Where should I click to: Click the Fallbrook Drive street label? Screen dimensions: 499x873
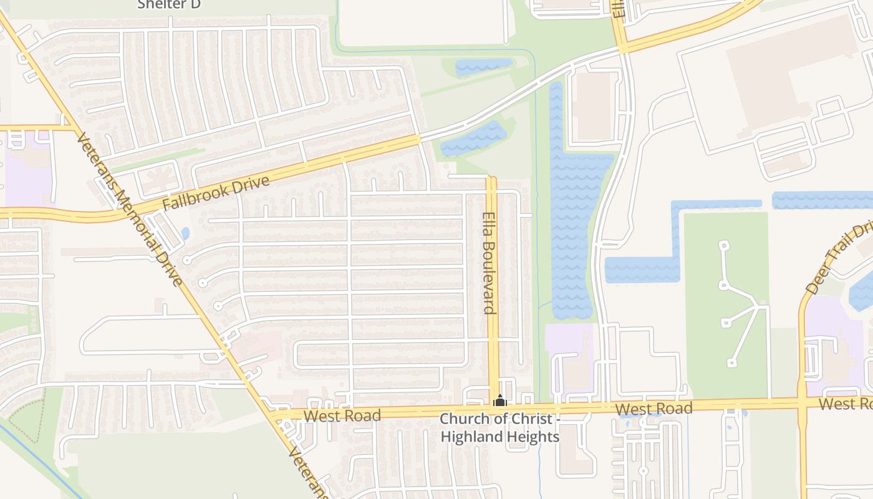pyautogui.click(x=216, y=194)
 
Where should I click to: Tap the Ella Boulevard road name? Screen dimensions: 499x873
pyautogui.click(x=489, y=263)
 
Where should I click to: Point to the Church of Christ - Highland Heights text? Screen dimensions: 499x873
pyautogui.click(x=499, y=428)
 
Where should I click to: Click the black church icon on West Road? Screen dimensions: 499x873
pyautogui.click(x=499, y=400)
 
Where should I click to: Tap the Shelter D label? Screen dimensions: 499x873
pyautogui.click(x=170, y=4)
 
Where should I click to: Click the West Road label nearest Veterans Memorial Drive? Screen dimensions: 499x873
pyautogui.click(x=342, y=416)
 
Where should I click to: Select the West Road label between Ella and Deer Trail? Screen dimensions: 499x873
pyautogui.click(x=654, y=409)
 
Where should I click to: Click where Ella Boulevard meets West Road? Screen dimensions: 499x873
pyautogui.click(x=493, y=410)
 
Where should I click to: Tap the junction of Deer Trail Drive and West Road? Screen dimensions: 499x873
pyautogui.click(x=802, y=404)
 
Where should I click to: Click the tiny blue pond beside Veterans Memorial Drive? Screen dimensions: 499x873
pyautogui.click(x=185, y=233)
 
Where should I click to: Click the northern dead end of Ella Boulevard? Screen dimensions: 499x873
pyautogui.click(x=491, y=179)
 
